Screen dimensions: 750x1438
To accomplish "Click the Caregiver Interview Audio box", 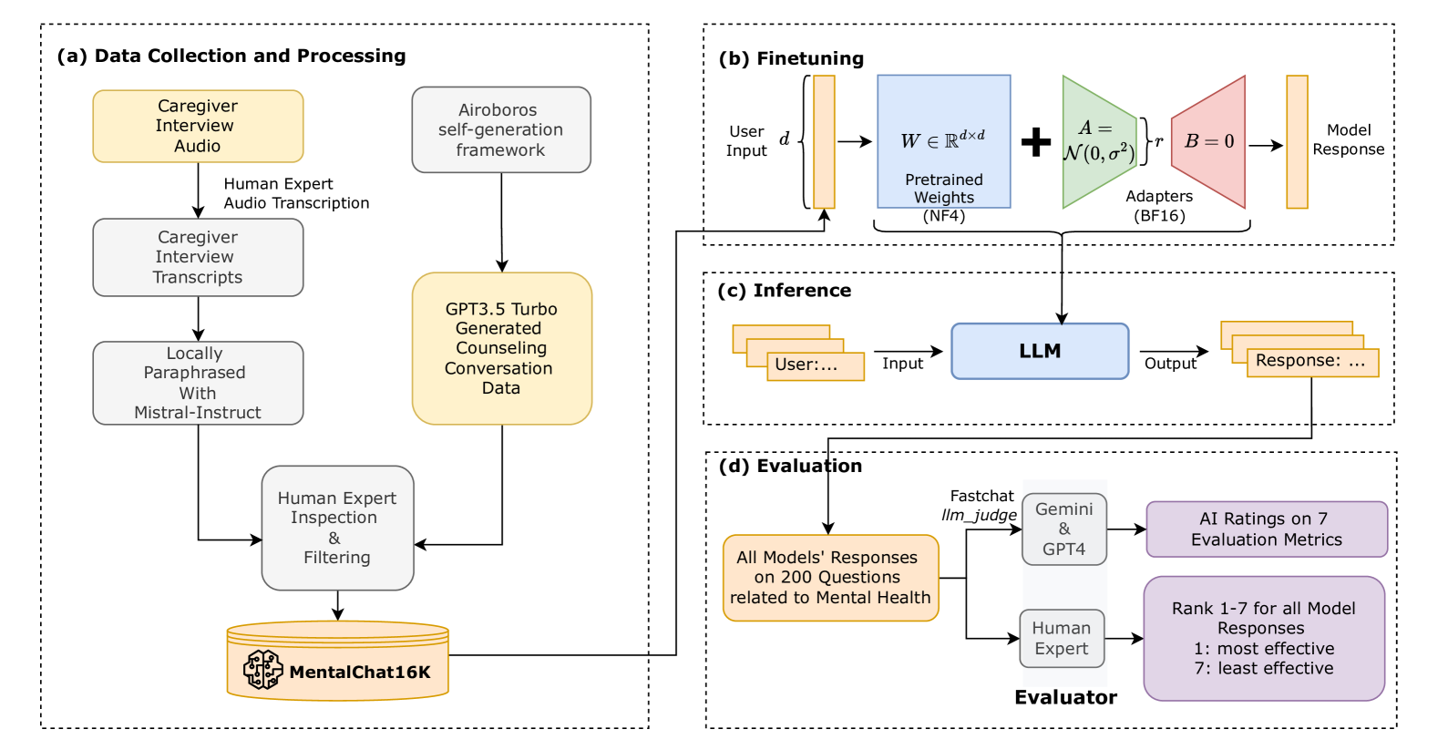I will click(198, 126).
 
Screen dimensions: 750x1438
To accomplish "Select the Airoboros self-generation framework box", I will click(501, 129).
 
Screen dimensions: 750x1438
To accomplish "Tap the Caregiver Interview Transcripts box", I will click(198, 257).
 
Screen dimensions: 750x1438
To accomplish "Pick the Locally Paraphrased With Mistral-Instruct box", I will click(198, 383).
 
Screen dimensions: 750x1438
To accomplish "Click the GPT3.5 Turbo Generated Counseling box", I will click(502, 348).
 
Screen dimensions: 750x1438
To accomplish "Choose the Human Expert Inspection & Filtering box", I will click(337, 528).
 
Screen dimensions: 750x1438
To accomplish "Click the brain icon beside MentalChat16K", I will click(262, 670).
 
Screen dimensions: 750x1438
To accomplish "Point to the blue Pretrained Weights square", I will click(943, 141).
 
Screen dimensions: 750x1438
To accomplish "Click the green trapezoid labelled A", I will click(1099, 142).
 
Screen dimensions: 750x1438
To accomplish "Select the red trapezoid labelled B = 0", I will click(1209, 142).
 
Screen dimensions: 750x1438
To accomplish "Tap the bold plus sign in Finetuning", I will click(1036, 142).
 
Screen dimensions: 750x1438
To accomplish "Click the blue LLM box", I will click(1040, 351).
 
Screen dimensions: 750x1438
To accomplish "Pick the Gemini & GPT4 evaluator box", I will click(1063, 529).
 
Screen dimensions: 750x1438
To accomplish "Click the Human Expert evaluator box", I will click(1062, 638).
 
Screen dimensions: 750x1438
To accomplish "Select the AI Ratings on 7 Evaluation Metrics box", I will click(1266, 529).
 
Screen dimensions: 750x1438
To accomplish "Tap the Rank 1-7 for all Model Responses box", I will click(1264, 638).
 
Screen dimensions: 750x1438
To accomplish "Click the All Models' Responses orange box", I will click(830, 578).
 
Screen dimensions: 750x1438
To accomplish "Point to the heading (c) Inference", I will click(784, 291).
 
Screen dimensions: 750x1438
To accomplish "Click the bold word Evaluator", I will click(1065, 697).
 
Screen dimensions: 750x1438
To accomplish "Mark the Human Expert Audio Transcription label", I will click(296, 193).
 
